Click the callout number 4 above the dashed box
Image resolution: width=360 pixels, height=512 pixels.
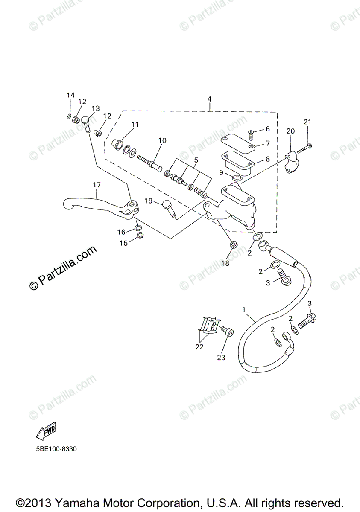[209, 99]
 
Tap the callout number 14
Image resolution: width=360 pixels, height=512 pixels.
[70, 95]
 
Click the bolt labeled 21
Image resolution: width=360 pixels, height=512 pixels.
[304, 148]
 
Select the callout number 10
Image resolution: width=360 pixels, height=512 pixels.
[162, 140]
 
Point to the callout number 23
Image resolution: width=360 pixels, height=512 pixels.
[221, 358]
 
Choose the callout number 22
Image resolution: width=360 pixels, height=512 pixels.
[199, 347]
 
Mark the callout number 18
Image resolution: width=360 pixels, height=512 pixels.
[225, 263]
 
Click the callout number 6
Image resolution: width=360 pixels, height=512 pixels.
[268, 129]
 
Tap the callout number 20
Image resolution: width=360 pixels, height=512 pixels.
[290, 131]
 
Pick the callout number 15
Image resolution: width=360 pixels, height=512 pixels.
[123, 243]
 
